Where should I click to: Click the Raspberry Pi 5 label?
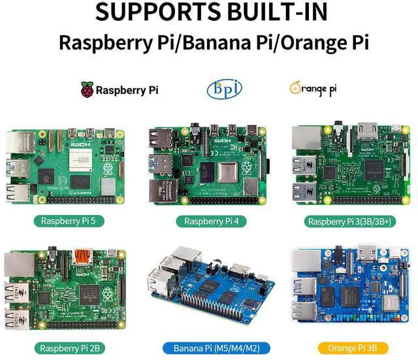68,221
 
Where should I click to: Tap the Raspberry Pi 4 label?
210,221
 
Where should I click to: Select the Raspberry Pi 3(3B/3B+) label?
350,221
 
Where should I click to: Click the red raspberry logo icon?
87,90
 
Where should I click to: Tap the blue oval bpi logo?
219,89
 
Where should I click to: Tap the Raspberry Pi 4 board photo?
208,165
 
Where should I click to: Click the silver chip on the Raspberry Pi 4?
229,173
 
